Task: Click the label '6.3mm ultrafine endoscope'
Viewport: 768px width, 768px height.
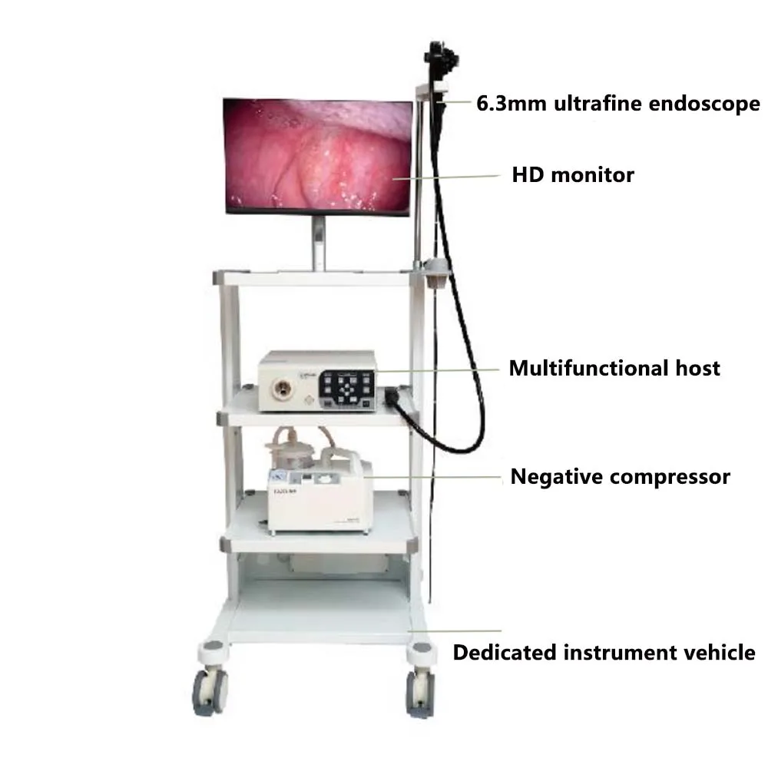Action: coord(617,104)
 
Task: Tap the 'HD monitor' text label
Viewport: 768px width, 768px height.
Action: coord(573,175)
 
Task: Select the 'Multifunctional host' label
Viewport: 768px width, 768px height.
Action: coord(614,368)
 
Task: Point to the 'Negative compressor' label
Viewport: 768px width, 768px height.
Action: coord(620,477)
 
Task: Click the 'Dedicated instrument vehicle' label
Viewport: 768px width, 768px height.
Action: coord(604,653)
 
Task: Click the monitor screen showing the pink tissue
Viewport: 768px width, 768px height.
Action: coord(318,156)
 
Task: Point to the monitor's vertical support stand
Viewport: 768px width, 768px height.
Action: coord(318,242)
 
